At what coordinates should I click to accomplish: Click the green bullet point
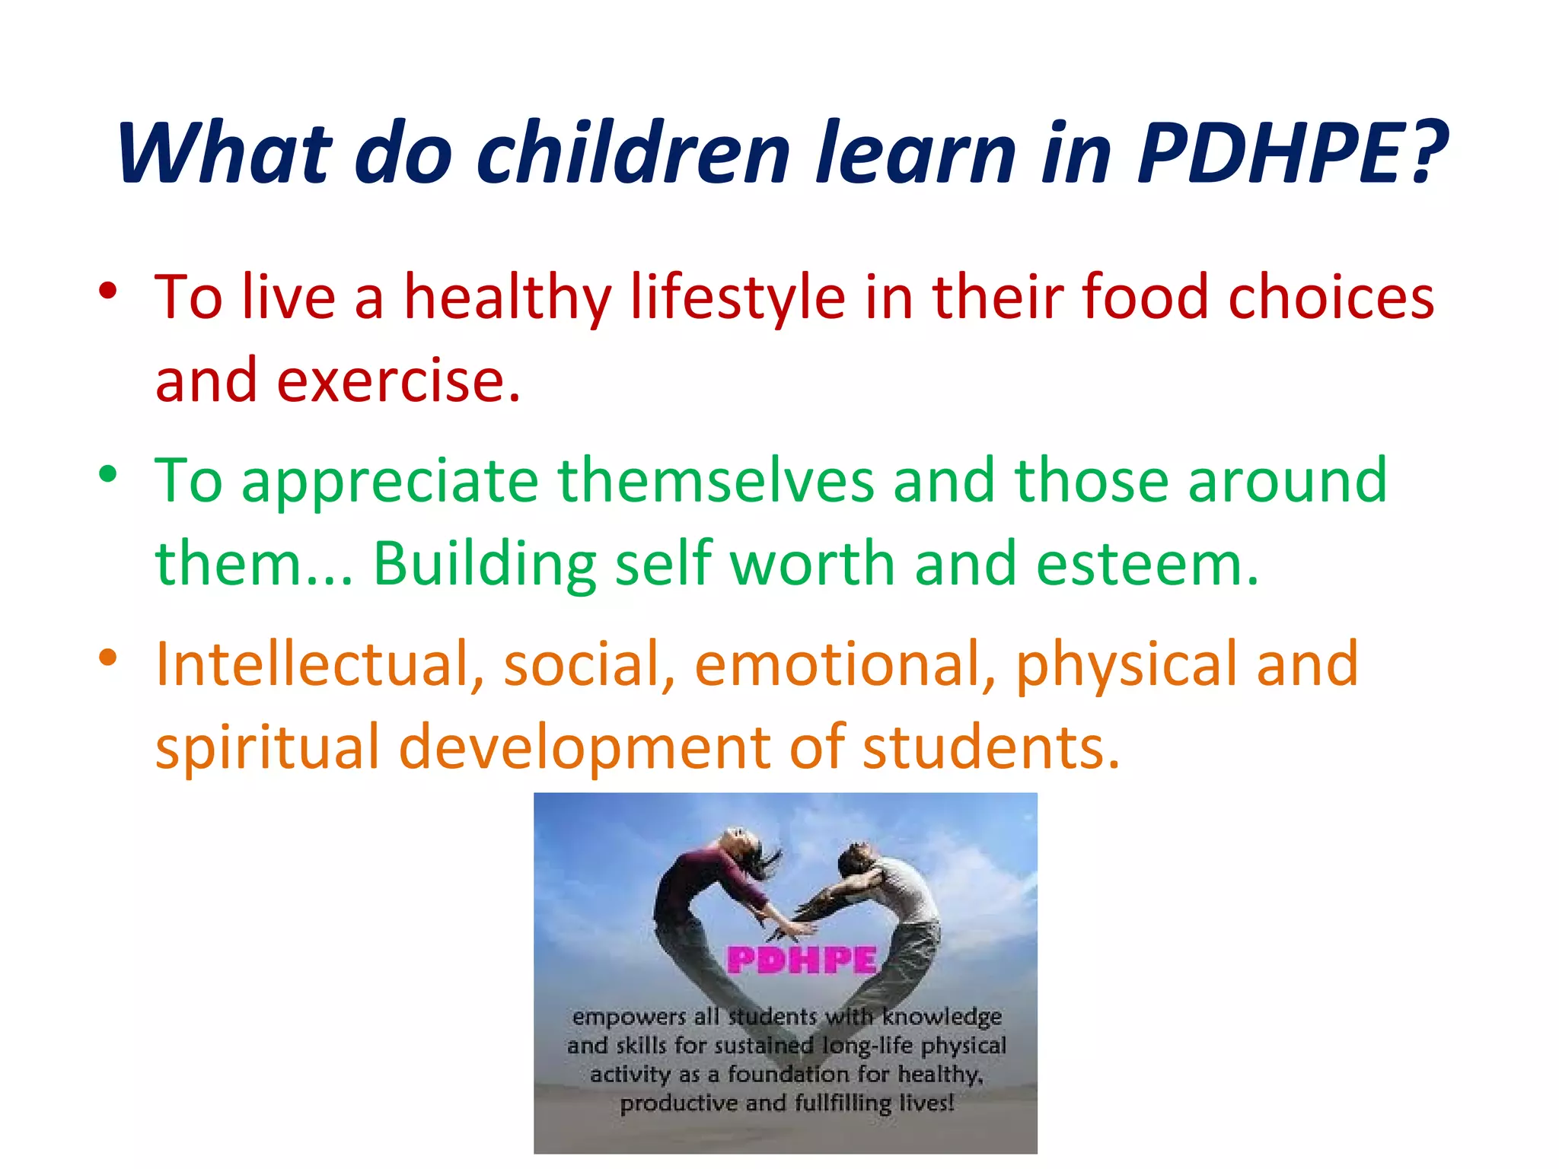(108, 473)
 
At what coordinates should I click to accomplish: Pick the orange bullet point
(108, 657)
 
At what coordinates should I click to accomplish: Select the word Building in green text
(484, 564)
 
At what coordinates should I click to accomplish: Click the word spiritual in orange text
(267, 747)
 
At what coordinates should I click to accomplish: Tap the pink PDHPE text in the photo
(802, 960)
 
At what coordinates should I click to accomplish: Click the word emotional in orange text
(845, 664)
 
